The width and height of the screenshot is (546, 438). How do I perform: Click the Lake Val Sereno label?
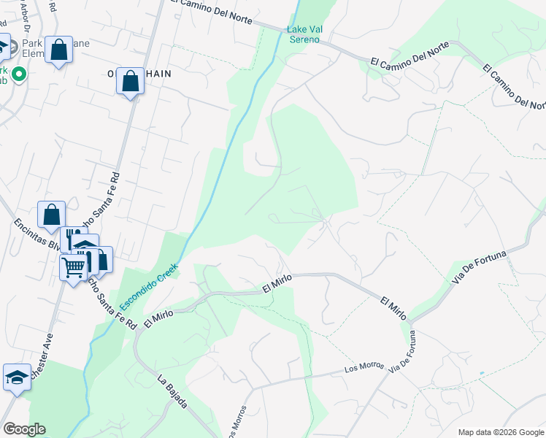[x=304, y=34]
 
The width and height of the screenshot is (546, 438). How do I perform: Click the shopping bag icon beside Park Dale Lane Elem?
[x=59, y=50]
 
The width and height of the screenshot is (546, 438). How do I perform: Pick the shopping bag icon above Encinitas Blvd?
[x=51, y=215]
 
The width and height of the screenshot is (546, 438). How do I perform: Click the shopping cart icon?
[x=73, y=268]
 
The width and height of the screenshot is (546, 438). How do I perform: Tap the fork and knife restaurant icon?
[x=74, y=239]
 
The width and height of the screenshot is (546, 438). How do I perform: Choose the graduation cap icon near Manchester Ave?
[x=17, y=377]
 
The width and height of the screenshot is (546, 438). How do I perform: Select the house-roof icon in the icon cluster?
[x=86, y=246]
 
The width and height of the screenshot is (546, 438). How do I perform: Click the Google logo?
[x=24, y=429]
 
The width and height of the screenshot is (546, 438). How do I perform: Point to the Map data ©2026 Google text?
[x=500, y=432]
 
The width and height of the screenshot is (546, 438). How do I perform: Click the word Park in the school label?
[x=32, y=43]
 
